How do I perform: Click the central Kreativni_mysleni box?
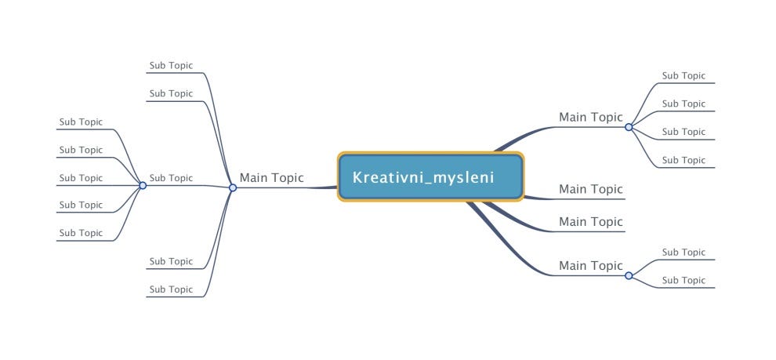[430, 176]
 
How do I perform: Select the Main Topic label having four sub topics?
[590, 118]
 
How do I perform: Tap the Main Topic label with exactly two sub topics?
[590, 266]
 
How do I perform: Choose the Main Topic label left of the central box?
[271, 178]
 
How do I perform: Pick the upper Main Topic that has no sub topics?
[590, 189]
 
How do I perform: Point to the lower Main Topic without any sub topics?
[590, 222]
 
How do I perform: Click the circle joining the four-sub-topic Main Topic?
[629, 127]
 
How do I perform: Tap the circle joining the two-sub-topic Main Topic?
[629, 275]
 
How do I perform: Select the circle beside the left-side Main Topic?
[233, 187]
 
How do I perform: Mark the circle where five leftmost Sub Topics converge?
[143, 185]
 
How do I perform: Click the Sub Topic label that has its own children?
[171, 178]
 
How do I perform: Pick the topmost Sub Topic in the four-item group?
[684, 76]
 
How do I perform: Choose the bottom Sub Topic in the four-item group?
[684, 160]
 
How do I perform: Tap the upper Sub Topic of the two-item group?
[684, 252]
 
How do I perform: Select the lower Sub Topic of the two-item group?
[684, 280]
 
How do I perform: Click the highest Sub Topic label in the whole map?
[171, 65]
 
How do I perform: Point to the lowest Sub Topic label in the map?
[171, 289]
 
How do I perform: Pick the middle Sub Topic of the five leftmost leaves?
[81, 178]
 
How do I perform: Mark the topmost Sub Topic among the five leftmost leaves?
[81, 122]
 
